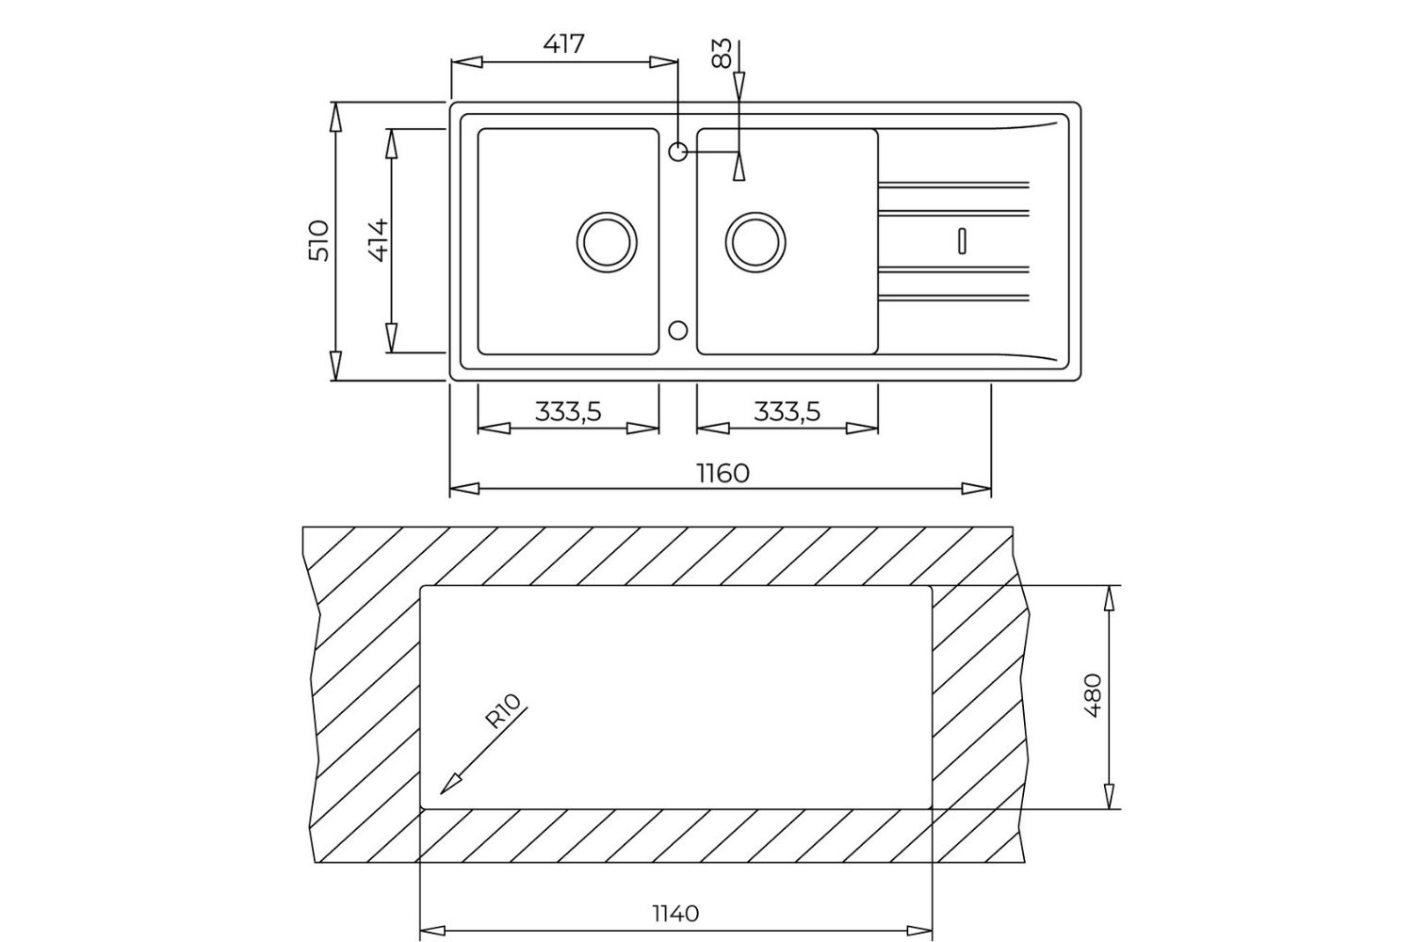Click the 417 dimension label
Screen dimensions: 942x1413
[564, 43]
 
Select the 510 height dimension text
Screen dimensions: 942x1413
[319, 240]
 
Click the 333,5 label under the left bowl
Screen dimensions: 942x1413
[568, 412]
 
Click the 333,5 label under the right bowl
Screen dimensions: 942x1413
[787, 412]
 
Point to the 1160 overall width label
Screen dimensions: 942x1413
[723, 472]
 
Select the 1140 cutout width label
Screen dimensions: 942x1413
[674, 913]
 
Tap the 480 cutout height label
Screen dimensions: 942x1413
[1093, 695]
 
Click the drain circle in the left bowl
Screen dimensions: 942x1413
[604, 241]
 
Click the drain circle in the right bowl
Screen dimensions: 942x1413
[754, 241]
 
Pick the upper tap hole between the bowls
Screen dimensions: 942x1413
[677, 152]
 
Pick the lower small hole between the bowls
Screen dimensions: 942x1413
[677, 330]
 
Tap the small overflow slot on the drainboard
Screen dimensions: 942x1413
[961, 241]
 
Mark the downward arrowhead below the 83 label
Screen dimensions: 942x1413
[739, 85]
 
